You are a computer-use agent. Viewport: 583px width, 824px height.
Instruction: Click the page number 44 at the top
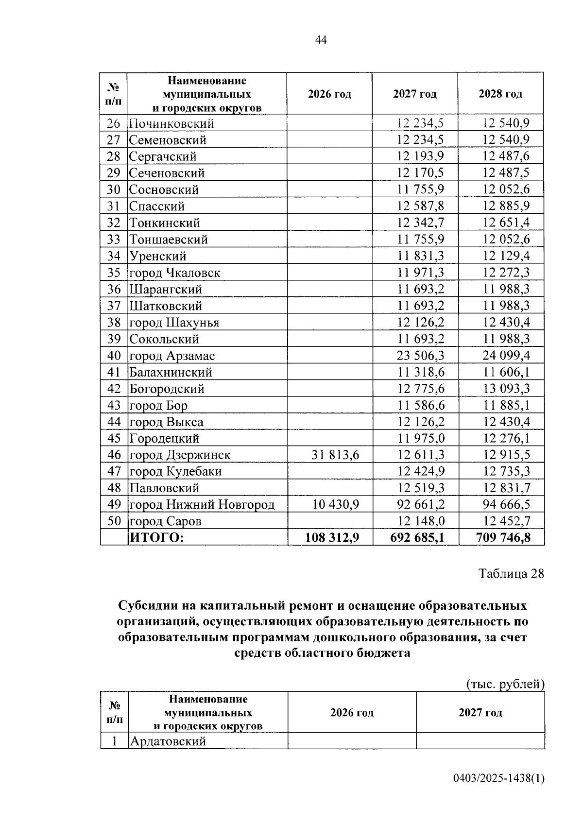point(321,40)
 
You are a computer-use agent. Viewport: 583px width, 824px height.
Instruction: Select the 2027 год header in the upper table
point(414,94)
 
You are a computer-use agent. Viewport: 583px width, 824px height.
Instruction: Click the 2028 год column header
point(500,94)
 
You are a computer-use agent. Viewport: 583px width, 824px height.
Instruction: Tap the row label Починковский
point(171,123)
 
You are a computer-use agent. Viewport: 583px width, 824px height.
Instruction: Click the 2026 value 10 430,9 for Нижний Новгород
point(335,504)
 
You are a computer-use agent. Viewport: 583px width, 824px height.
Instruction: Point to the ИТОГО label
point(156,537)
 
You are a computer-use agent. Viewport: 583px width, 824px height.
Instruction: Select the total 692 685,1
point(417,537)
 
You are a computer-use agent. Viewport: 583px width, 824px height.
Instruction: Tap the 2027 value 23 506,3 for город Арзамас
point(420,355)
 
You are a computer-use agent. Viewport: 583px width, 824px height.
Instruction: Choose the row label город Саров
point(165,521)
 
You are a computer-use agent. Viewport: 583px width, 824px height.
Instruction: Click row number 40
point(114,355)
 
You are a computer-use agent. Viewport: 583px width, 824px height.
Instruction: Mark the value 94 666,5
point(506,504)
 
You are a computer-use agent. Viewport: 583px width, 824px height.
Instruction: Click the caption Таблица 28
point(511,573)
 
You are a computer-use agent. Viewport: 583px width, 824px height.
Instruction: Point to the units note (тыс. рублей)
point(505,684)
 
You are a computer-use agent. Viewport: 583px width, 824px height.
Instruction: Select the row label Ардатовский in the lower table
point(167,741)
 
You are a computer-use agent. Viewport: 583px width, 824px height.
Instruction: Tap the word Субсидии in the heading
point(147,606)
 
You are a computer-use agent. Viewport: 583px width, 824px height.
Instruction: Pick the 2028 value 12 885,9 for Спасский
point(506,206)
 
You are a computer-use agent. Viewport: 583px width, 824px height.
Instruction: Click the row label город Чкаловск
point(174,273)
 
